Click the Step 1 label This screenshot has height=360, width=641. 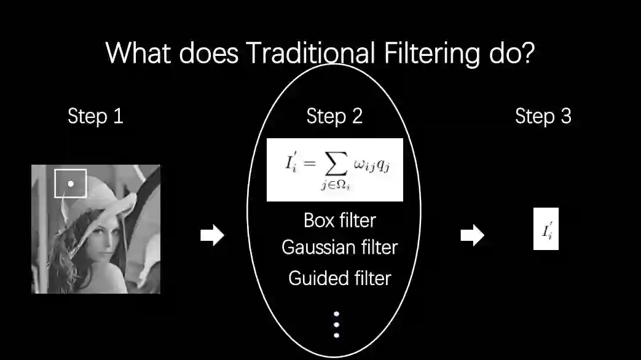coord(95,116)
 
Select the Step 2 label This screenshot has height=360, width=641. coord(334,116)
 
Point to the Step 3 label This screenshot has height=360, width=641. coord(543,116)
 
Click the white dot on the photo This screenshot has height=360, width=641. coord(71,183)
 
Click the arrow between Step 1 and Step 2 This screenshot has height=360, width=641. coord(212,235)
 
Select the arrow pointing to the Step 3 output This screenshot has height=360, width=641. coord(472,235)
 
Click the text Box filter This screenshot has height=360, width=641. coord(340,220)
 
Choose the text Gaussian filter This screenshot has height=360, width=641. coord(340,248)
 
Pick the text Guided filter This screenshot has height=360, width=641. coord(340,278)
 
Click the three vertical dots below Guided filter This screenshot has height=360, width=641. coord(336,324)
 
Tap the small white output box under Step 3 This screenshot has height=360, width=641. coord(546,232)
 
